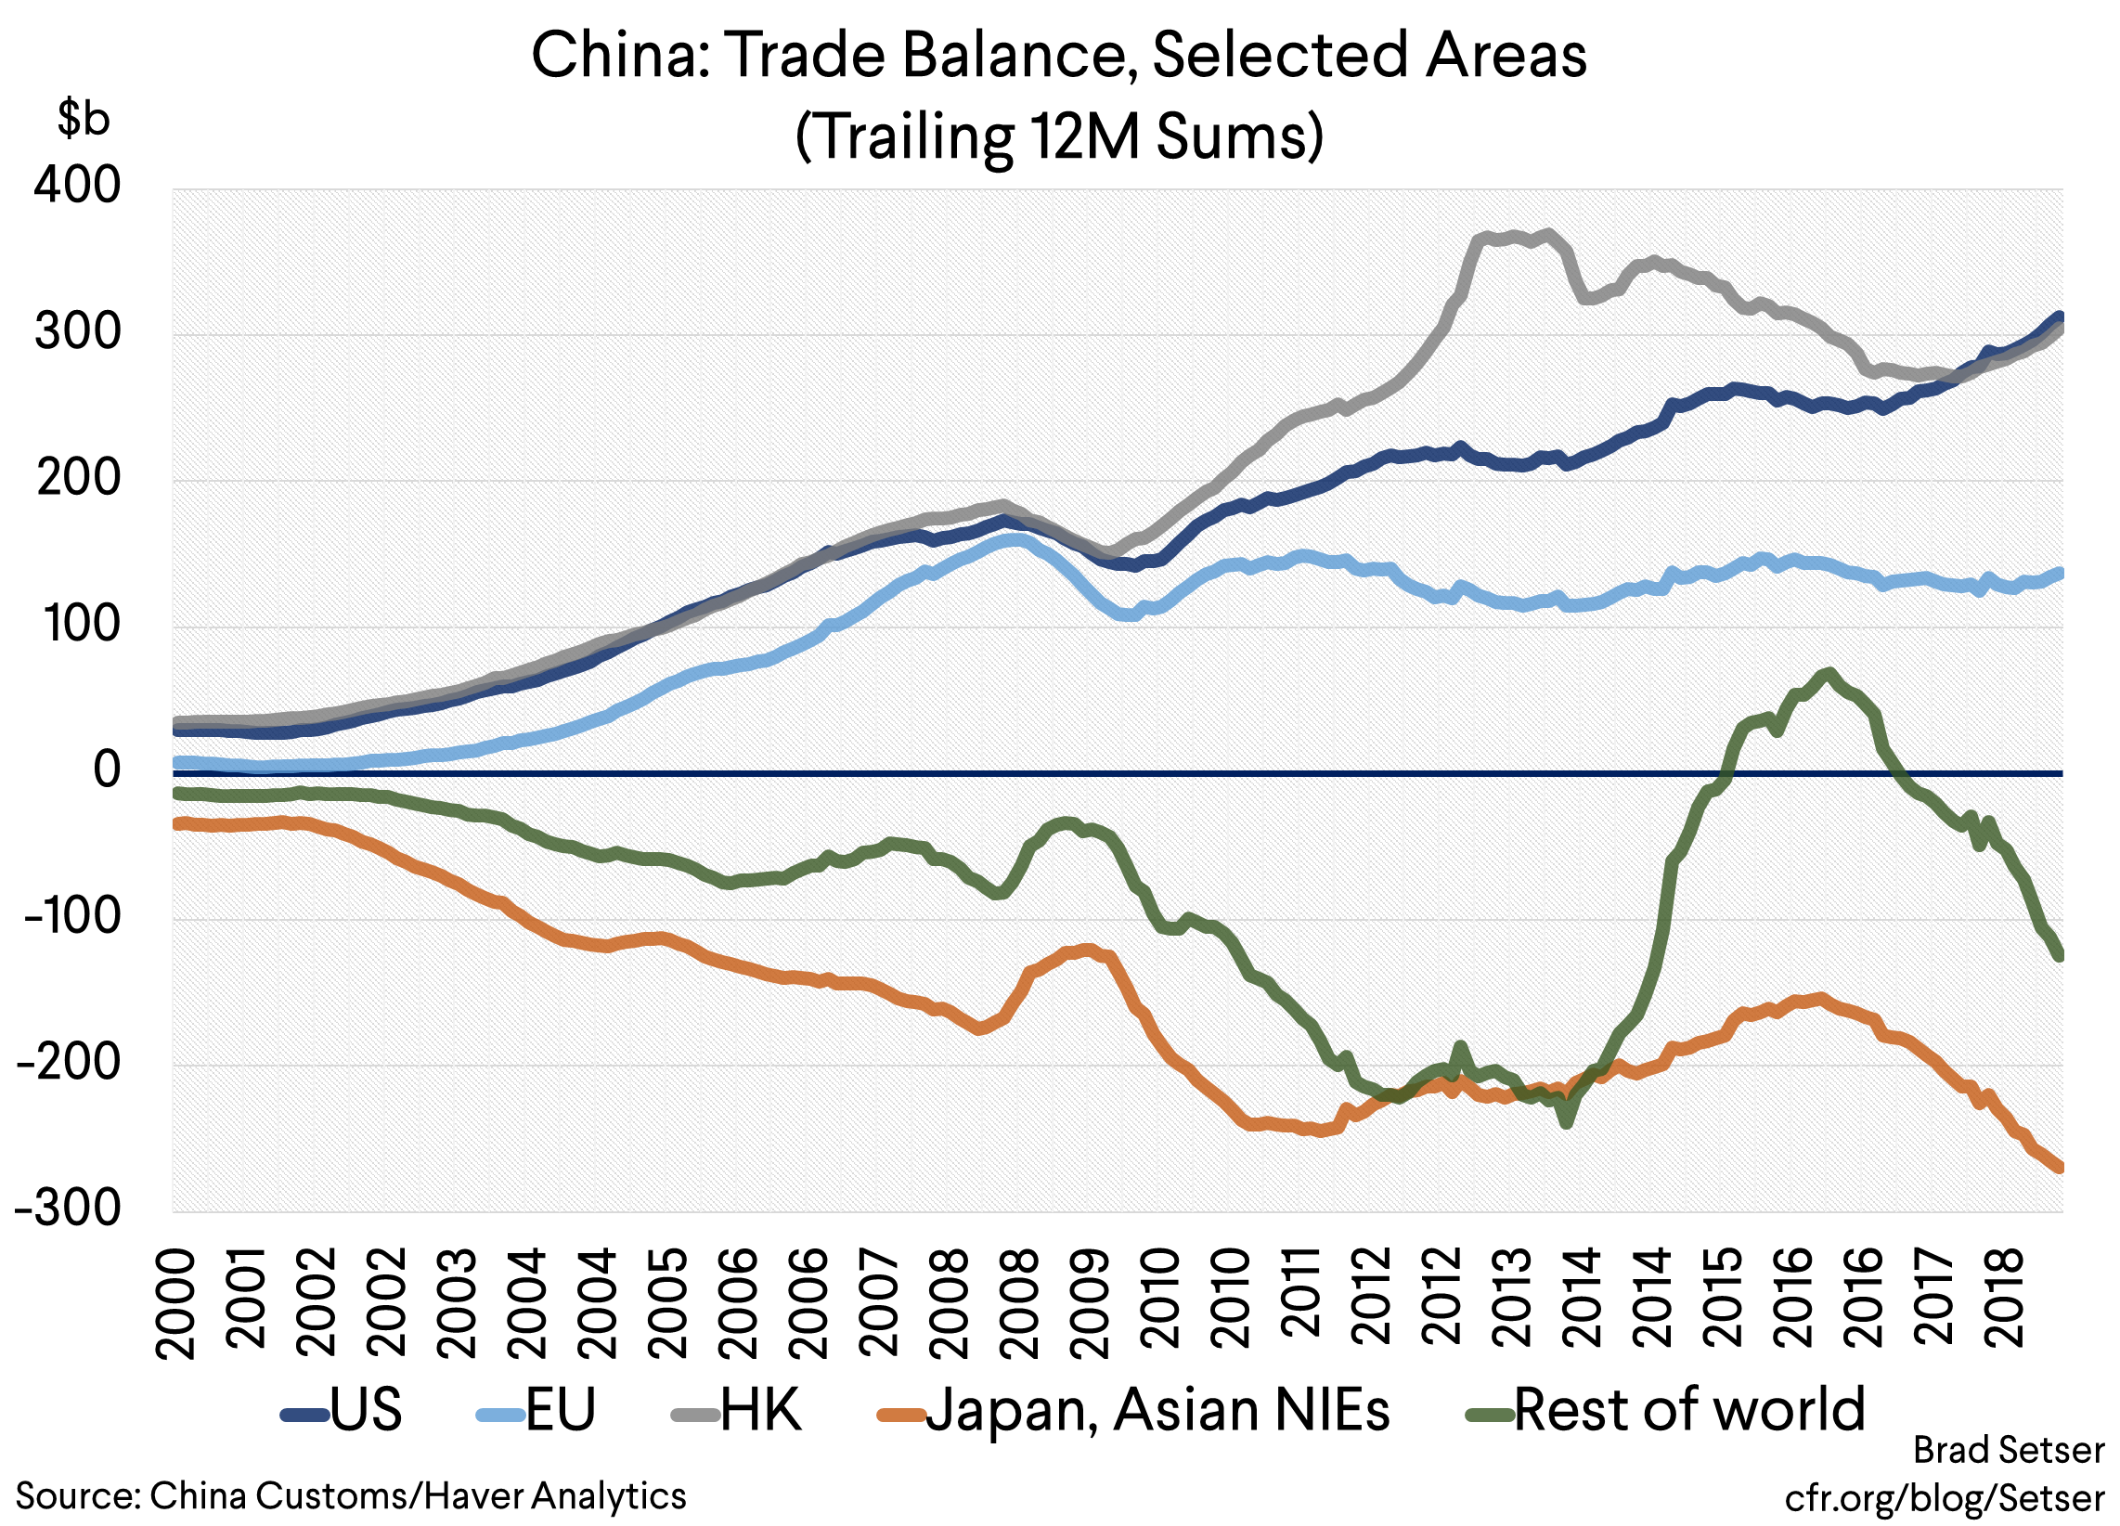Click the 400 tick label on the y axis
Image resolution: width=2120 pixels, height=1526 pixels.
click(78, 185)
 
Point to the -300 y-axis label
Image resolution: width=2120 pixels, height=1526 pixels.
click(69, 1209)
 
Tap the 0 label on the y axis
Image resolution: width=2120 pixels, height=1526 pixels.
click(107, 769)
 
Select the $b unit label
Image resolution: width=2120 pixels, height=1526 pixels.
click(84, 118)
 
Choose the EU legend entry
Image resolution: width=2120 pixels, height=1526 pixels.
click(536, 1410)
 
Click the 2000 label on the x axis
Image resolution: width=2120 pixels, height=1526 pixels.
click(176, 1305)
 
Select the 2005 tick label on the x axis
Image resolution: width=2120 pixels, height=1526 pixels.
click(666, 1305)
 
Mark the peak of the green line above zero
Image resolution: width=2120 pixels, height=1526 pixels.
click(1828, 673)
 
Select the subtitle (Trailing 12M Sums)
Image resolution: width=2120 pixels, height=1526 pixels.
click(1059, 136)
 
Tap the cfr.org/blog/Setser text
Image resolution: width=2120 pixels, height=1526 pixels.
click(1945, 1498)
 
